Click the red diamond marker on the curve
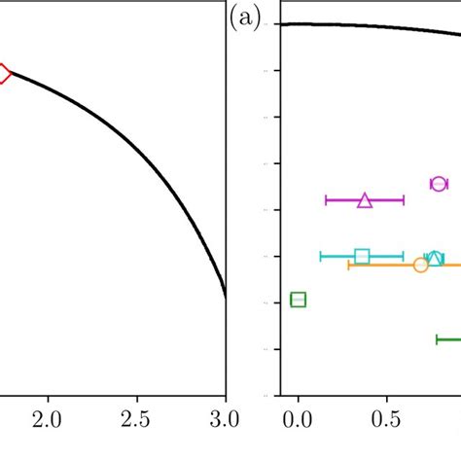(3, 74)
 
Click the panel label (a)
(245, 18)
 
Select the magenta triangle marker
(365, 200)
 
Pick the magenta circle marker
(439, 184)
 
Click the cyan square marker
(362, 257)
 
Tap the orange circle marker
(421, 265)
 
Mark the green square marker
(299, 300)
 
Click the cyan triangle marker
(437, 258)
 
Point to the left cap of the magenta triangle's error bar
(326, 200)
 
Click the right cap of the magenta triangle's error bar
(404, 200)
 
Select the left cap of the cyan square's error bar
(321, 257)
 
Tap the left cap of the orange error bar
(348, 265)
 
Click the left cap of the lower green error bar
(437, 339)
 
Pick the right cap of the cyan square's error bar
(403, 257)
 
